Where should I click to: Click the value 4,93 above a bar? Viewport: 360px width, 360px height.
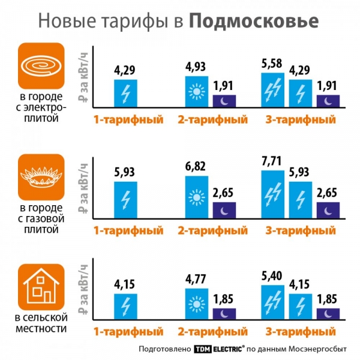(196, 67)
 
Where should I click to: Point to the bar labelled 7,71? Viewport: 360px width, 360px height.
(272, 194)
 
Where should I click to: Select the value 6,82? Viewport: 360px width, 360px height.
(196, 166)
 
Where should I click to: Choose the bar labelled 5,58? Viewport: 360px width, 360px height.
(272, 90)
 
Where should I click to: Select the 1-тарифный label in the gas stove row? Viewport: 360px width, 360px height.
(128, 230)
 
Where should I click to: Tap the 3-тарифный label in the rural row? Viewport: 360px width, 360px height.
(300, 331)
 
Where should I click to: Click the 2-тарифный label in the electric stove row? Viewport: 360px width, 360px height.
(212, 119)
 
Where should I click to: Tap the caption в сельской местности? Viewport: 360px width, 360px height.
(41, 323)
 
